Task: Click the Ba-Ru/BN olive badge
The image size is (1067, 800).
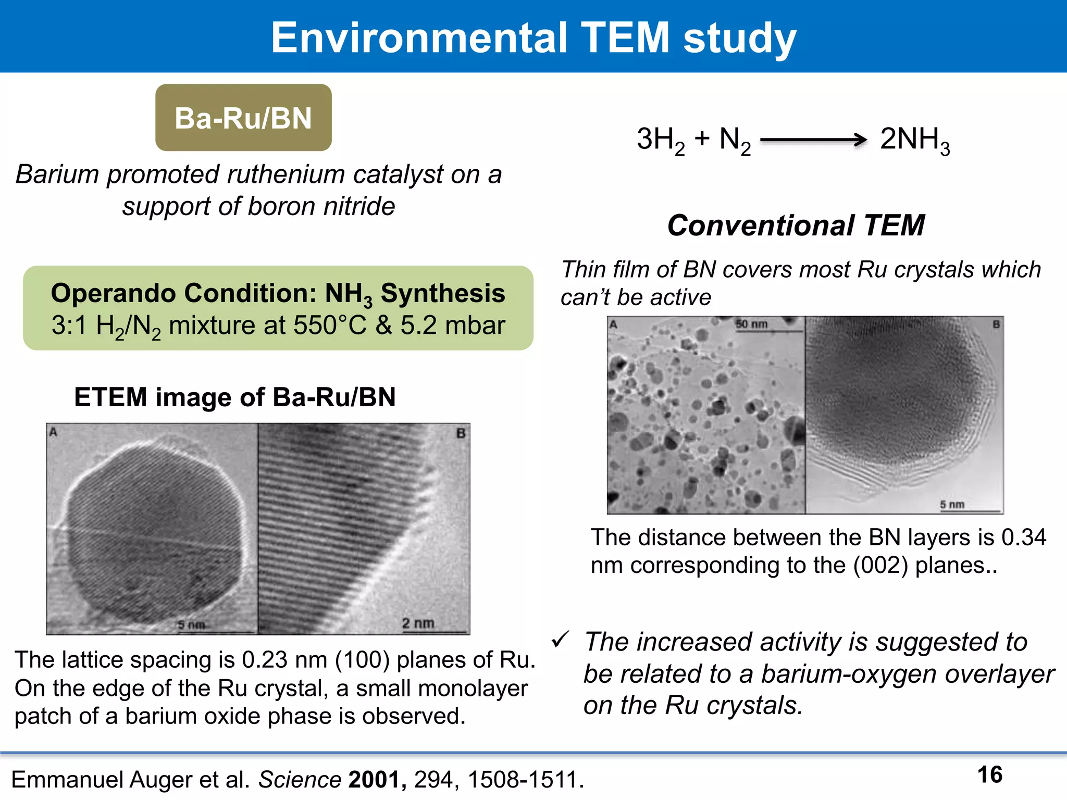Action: coord(243,118)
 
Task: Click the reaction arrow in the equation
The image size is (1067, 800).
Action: coord(813,140)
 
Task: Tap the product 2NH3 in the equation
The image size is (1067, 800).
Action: coord(914,140)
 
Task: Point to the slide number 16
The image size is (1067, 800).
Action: coord(990,774)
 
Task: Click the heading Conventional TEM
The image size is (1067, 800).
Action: coord(796,226)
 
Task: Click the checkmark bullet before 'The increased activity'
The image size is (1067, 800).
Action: coord(560,639)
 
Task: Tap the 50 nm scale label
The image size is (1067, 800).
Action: coord(751,324)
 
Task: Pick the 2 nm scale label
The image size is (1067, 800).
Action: coord(418,623)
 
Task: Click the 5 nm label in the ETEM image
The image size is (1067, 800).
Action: coord(191,624)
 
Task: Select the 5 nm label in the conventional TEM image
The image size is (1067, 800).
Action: coord(952,504)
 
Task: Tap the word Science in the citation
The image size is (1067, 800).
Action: coord(300,780)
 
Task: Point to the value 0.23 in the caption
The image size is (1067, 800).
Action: coord(265,660)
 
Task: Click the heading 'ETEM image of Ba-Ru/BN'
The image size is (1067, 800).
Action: coord(235,397)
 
